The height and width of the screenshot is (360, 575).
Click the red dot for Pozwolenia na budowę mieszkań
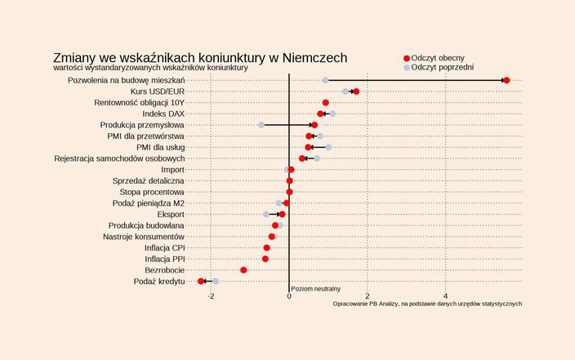coord(506,80)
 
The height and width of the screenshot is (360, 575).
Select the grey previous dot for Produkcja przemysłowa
coord(261,125)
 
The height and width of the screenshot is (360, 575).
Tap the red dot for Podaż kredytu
coord(201,281)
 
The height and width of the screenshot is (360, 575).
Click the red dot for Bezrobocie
coord(243,269)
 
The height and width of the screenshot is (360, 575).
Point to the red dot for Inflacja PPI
coord(265,259)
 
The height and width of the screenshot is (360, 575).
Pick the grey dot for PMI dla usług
coord(328,147)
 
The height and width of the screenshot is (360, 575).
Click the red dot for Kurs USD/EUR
coord(356,91)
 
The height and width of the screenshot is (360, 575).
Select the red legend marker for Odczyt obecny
coord(407,58)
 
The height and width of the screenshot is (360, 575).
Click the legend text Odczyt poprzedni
coord(443,68)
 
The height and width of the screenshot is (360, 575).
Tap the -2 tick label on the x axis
coord(211,296)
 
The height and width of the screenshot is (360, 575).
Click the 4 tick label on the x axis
coord(445,296)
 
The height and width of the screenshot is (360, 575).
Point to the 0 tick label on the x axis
coord(289,296)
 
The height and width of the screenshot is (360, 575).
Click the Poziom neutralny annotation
coord(315,289)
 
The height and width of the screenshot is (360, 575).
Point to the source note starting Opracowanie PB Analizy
coord(427,304)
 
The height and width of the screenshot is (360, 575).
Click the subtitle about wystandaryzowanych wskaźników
coord(150,68)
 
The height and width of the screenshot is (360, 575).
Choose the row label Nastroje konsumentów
coord(144,236)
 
